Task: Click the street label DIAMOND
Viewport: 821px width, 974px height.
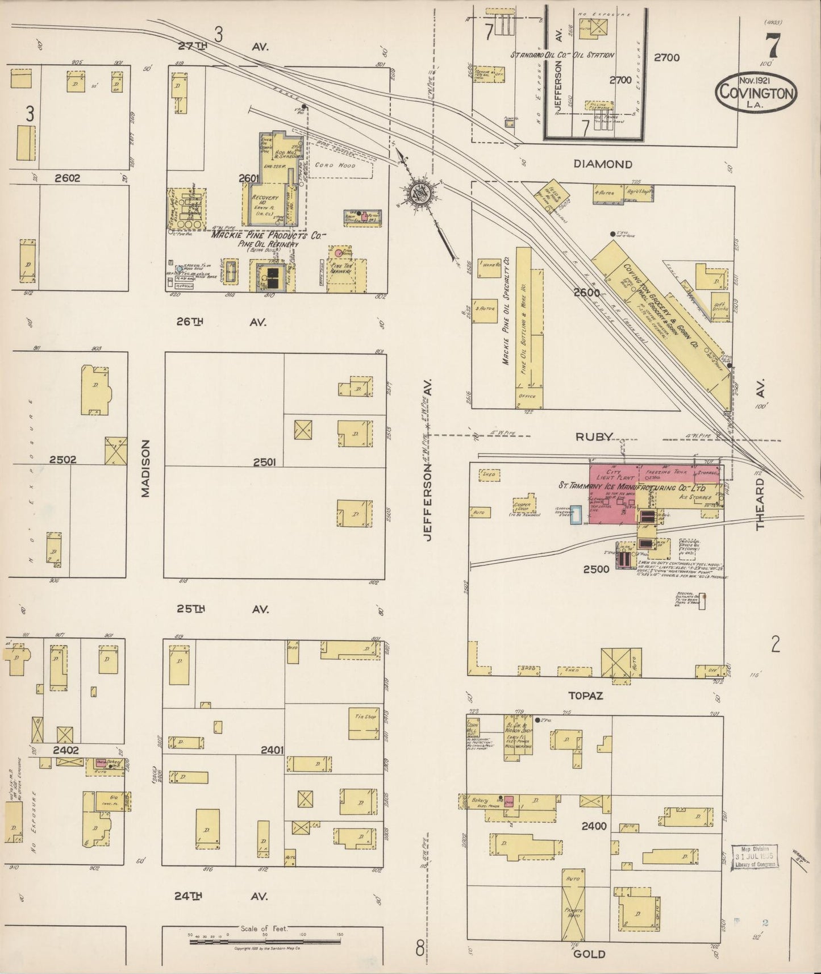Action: pos(603,164)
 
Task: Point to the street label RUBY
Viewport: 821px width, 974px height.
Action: pos(594,437)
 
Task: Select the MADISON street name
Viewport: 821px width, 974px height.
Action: pos(145,468)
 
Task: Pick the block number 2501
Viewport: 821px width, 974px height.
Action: pos(264,463)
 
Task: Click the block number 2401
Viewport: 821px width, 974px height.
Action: pos(272,750)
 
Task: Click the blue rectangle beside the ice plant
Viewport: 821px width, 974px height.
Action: pos(576,514)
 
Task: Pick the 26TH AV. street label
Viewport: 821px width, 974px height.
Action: pos(222,322)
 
